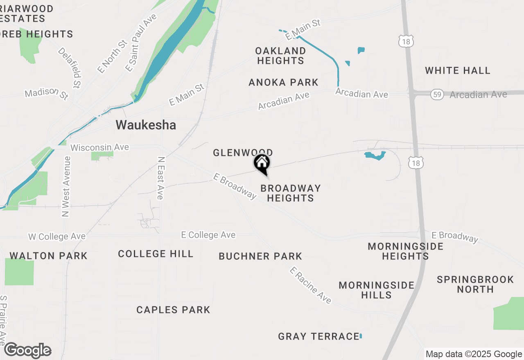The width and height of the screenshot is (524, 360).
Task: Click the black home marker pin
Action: pos(262,164)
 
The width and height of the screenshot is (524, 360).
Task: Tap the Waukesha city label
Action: pos(146,125)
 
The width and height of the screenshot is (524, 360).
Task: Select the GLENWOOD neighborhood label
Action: pos(242,153)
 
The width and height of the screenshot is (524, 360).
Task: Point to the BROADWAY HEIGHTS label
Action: pos(291,193)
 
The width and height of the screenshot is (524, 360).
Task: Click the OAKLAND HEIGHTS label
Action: pos(280,56)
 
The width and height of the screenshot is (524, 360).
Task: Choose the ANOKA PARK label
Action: pos(283,82)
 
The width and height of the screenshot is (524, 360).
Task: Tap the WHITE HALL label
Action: pos(457,70)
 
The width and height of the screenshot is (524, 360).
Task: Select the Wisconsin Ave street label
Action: pos(99,147)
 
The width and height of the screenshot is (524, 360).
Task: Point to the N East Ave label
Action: pos(160,178)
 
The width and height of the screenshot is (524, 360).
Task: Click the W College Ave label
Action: pos(57,236)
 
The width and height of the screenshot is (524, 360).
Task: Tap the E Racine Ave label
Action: pos(310,285)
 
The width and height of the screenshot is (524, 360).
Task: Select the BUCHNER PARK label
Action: pos(260,256)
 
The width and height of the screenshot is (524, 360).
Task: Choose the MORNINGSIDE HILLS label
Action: pos(377,290)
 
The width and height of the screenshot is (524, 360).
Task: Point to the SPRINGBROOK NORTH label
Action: pos(475,284)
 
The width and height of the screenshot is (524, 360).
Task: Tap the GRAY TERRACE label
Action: pos(318,336)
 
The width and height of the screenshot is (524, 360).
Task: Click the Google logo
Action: pos(28,350)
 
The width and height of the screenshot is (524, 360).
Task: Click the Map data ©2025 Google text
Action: pos(474,354)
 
